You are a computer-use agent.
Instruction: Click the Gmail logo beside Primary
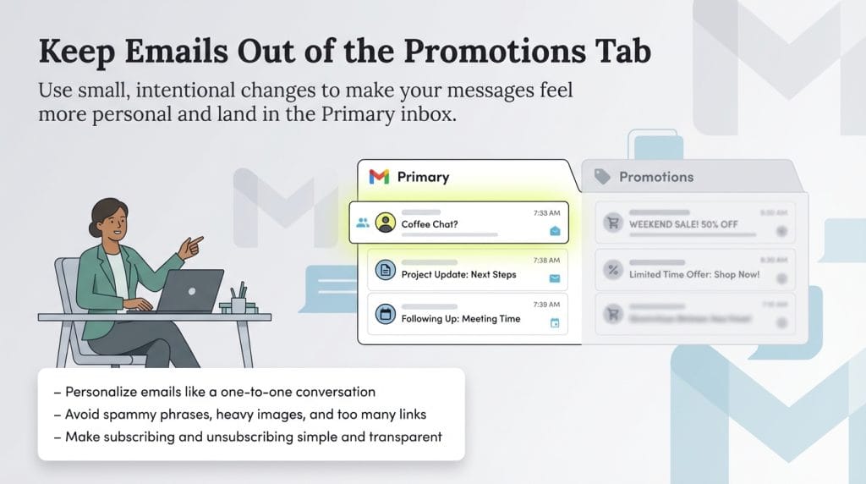[x=379, y=177]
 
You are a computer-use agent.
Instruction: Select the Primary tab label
[x=423, y=177]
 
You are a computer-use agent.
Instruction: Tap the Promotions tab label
[x=655, y=177]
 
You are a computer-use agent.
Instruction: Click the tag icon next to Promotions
[x=602, y=177]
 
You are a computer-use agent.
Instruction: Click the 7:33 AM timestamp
[x=546, y=213]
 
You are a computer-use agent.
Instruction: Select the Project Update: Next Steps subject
[x=458, y=274]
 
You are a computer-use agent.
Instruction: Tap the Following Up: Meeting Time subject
[x=460, y=319]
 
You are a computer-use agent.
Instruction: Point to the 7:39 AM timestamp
[x=546, y=305]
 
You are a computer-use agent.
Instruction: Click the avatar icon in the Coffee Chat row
[x=386, y=223]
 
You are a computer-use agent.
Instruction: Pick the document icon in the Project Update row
[x=386, y=271]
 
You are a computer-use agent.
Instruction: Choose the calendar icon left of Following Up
[x=386, y=315]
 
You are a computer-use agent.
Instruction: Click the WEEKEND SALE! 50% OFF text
[x=683, y=224]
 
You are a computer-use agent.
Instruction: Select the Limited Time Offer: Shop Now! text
[x=694, y=274]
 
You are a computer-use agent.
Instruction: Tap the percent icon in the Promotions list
[x=612, y=271]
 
